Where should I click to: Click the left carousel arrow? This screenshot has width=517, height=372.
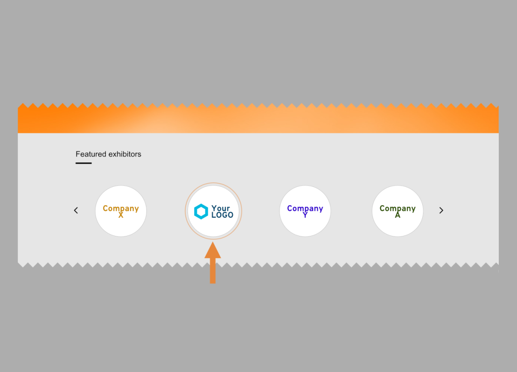point(76,210)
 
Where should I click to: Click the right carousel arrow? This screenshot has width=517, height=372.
point(441,210)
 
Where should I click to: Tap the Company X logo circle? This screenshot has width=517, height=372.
point(121,211)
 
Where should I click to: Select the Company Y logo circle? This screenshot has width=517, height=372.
point(305,211)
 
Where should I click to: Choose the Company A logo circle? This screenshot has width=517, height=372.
point(398,211)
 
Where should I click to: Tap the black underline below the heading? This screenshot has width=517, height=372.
point(84,163)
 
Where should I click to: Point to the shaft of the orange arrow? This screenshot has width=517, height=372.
point(213,270)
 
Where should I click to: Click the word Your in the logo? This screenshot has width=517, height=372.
point(221,208)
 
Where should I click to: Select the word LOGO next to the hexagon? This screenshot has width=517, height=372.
point(222,215)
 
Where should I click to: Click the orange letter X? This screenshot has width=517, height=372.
point(121,215)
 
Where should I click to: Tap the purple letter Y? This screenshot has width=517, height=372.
point(305,215)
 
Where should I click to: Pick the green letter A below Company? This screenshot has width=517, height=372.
point(398,215)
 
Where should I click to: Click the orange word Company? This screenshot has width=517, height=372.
point(121,208)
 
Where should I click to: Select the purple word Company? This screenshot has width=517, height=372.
point(305,208)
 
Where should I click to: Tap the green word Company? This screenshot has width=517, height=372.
point(398,208)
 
